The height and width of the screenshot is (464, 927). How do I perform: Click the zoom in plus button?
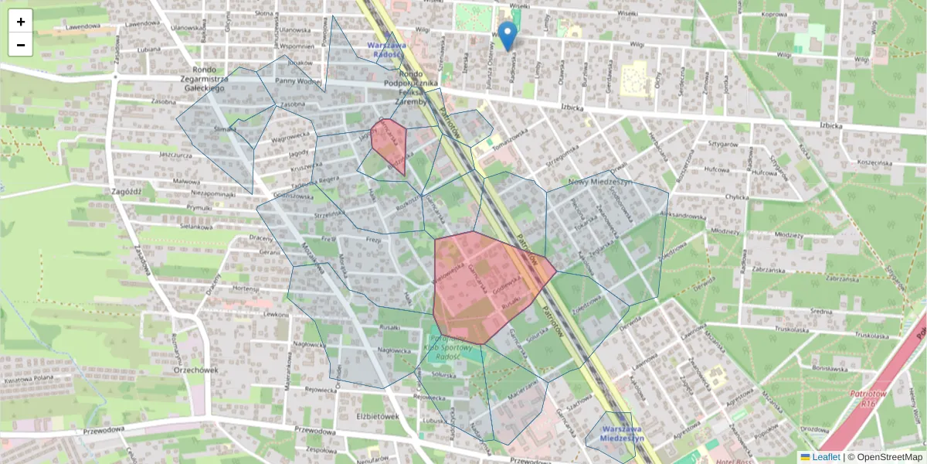21,22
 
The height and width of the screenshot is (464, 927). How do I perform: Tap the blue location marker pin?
507,36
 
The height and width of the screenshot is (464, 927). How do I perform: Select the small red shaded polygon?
389,144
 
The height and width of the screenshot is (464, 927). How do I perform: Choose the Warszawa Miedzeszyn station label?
623,433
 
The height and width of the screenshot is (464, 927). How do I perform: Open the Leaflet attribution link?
826,457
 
